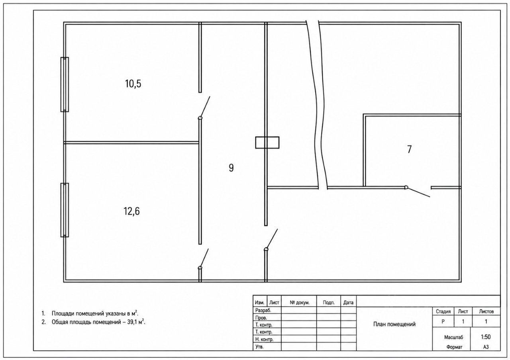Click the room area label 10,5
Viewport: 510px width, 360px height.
pos(133,84)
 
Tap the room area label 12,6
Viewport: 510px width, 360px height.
pos(131,211)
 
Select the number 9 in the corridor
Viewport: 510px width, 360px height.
pos(231,168)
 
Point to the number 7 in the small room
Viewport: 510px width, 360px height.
pos(409,149)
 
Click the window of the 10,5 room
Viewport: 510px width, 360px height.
pos(65,84)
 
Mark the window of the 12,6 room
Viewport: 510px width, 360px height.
pos(65,210)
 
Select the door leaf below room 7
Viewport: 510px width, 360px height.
pos(418,192)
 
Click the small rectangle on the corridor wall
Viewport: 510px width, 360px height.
pos(267,143)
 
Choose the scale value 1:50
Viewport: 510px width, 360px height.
pos(486,337)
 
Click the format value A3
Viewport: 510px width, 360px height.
pos(486,347)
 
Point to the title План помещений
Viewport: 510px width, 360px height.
pos(394,324)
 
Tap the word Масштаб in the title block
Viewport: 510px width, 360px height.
pos(453,337)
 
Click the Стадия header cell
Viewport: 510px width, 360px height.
pos(443,311)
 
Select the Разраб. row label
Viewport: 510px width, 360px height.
pos(263,310)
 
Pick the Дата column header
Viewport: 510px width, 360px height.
pos(348,302)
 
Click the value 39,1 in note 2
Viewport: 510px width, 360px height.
pos(132,322)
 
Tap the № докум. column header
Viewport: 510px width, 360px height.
pos(300,302)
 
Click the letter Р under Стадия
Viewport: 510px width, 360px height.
pos(443,321)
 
